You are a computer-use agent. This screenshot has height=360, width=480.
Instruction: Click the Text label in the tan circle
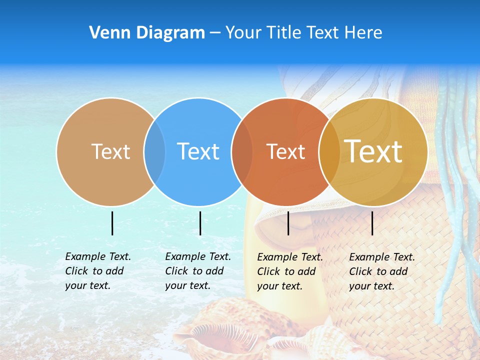click(x=110, y=151)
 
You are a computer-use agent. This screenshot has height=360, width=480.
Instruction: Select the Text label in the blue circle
click(x=198, y=151)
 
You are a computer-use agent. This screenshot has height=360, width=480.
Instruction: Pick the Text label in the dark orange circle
click(x=285, y=152)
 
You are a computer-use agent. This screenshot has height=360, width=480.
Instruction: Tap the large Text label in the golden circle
click(x=373, y=151)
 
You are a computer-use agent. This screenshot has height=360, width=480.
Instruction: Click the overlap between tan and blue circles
click(x=154, y=151)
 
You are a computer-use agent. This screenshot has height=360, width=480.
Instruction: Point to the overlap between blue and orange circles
click(x=242, y=151)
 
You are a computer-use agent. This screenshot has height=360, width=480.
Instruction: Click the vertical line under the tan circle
click(x=112, y=223)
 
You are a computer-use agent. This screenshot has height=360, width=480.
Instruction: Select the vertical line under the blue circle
click(x=200, y=223)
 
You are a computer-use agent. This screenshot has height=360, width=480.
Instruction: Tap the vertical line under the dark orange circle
click(x=288, y=223)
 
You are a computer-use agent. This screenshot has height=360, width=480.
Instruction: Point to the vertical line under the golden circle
click(x=372, y=223)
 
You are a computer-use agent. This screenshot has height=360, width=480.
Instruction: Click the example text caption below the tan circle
click(x=98, y=271)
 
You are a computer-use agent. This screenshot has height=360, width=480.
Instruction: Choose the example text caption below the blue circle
click(x=198, y=271)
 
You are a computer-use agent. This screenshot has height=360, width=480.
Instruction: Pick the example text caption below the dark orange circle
click(x=290, y=271)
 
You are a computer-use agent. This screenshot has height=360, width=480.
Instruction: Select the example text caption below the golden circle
click(x=382, y=271)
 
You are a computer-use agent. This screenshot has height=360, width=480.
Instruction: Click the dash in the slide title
click(x=215, y=33)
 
